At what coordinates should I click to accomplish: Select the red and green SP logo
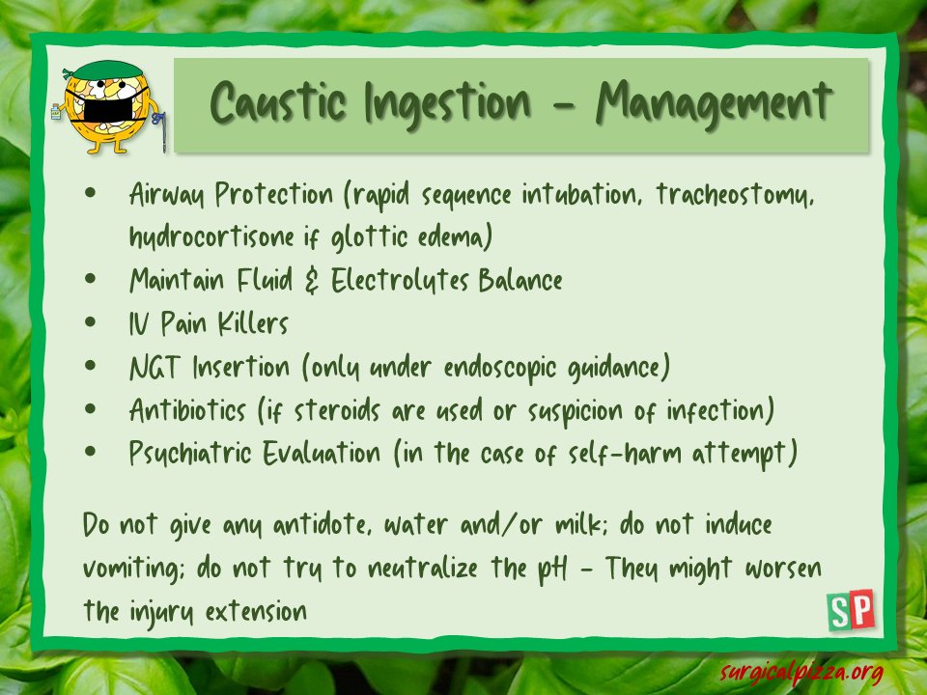pyautogui.click(x=851, y=610)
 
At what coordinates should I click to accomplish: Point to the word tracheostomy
pyautogui.click(x=737, y=194)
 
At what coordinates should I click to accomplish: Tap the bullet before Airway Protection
pyautogui.click(x=92, y=193)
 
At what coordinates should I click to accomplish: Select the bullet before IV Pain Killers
pyautogui.click(x=92, y=322)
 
